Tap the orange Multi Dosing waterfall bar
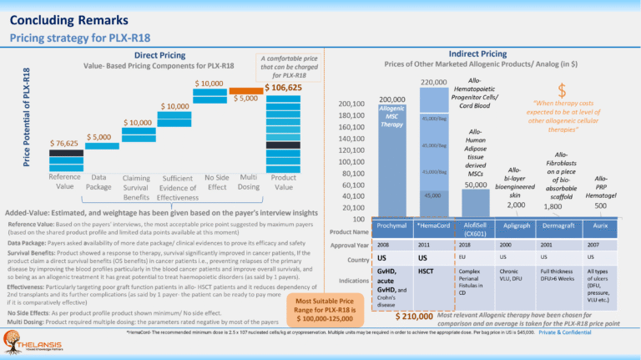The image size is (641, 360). [x=245, y=90]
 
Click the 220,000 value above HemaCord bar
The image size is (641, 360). [x=433, y=83]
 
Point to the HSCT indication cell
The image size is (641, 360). [x=425, y=271]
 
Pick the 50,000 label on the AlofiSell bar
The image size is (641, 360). [x=475, y=184]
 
